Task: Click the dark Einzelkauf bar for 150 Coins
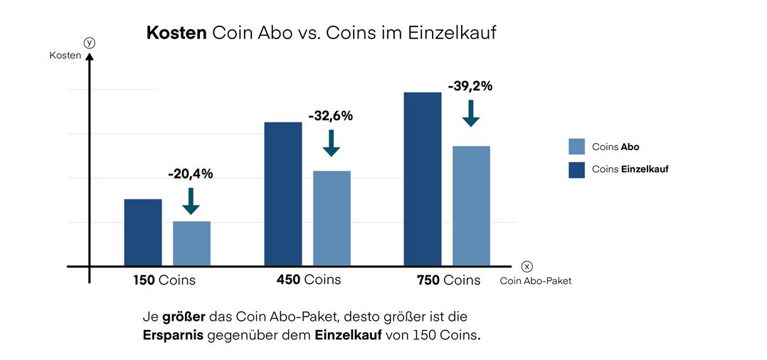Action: click(143, 233)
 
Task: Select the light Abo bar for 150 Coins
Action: click(191, 244)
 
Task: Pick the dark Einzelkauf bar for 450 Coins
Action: click(283, 194)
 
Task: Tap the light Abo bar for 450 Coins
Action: click(332, 218)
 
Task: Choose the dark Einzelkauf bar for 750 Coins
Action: click(423, 179)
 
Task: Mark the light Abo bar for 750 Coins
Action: click(471, 206)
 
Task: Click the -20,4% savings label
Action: click(190, 174)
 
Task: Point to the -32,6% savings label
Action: click(330, 116)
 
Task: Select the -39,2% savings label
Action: click(470, 86)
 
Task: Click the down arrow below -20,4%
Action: click(191, 201)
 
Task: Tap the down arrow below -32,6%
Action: click(331, 143)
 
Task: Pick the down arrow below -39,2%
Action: click(470, 113)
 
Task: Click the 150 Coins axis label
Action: click(164, 280)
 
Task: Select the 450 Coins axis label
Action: click(309, 280)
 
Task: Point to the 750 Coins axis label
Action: click(448, 280)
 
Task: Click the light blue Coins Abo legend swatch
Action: click(576, 147)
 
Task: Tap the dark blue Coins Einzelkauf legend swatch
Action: click(576, 170)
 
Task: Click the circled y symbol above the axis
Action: click(90, 43)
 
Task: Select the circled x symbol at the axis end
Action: click(527, 266)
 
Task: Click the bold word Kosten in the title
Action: click(176, 33)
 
